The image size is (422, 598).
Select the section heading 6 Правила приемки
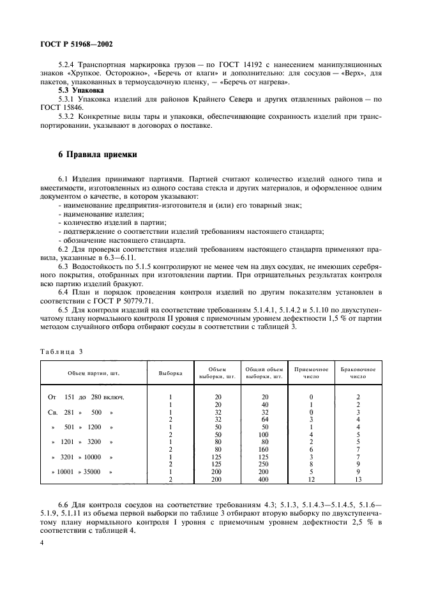pos(93,155)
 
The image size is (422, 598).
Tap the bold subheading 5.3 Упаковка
pos(82,91)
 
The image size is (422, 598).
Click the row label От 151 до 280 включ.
pos(86,397)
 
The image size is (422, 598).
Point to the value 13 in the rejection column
pos(358,479)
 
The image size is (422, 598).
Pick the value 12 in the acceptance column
pos(310,479)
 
